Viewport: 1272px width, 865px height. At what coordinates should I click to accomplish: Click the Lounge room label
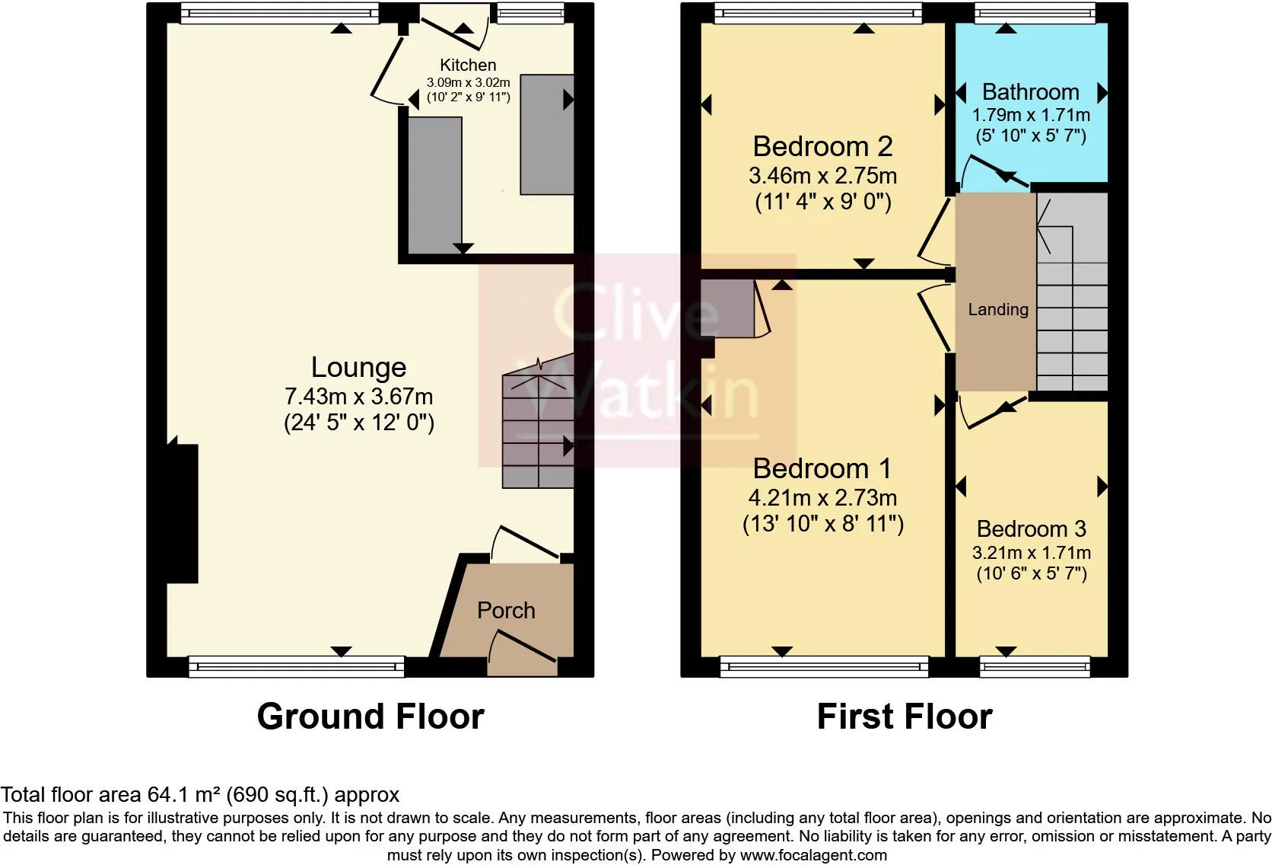point(358,368)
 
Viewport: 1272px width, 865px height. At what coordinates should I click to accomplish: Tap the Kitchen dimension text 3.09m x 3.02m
point(468,82)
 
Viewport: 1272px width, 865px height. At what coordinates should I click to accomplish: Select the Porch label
point(506,611)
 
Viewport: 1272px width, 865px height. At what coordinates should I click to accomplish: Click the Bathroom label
point(1030,92)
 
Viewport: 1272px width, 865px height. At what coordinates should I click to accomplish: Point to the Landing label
point(997,309)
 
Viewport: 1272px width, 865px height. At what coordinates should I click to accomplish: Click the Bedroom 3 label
point(1031,529)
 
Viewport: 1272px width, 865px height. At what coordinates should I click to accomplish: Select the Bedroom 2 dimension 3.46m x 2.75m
point(822,176)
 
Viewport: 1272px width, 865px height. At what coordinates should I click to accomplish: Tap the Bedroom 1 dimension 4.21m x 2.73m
point(822,498)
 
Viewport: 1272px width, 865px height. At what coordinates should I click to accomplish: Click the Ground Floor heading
point(370,717)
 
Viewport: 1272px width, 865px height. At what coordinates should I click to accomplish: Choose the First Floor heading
point(904,717)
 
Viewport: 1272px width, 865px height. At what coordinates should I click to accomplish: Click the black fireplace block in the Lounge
point(183,514)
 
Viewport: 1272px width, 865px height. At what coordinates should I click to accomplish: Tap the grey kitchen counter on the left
point(434,183)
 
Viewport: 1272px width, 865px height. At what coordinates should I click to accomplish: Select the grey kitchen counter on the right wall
point(546,135)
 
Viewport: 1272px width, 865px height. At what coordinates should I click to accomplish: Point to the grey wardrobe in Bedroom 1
point(727,308)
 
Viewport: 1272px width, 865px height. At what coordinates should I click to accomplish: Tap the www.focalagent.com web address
point(813,855)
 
